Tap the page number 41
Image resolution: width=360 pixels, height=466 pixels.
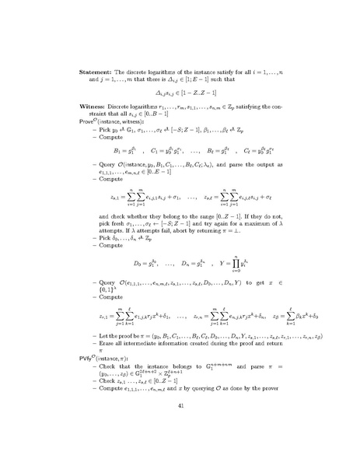[x=180, y=426]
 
